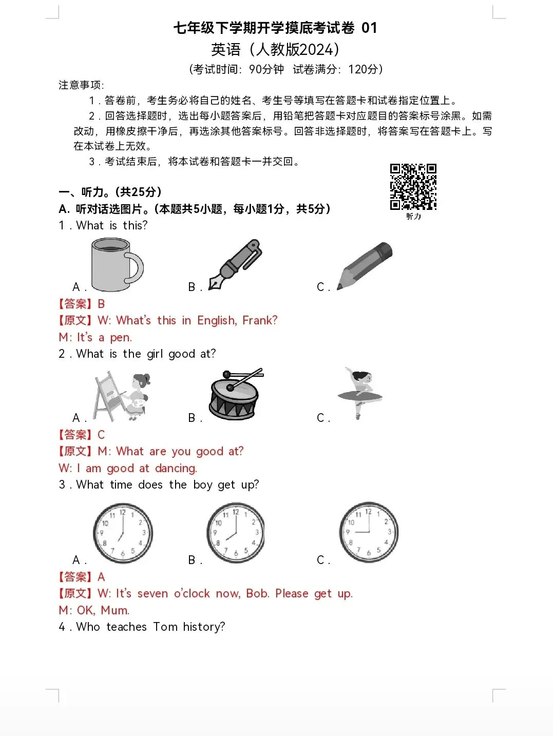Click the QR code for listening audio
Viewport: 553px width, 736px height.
pos(413,187)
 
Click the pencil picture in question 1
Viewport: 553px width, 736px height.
pos(365,265)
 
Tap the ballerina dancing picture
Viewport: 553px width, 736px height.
pos(360,393)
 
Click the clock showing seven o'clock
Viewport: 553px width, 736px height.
pos(123,533)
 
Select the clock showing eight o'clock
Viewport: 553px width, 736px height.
pos(236,533)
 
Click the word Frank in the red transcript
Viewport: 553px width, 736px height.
pos(259,321)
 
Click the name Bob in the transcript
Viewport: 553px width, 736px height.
pos(257,594)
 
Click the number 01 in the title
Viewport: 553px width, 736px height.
pos(369,28)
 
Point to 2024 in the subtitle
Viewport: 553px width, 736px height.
pos(315,50)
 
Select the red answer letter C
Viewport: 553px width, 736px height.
pos(101,435)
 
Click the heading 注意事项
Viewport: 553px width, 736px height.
pos(81,85)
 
